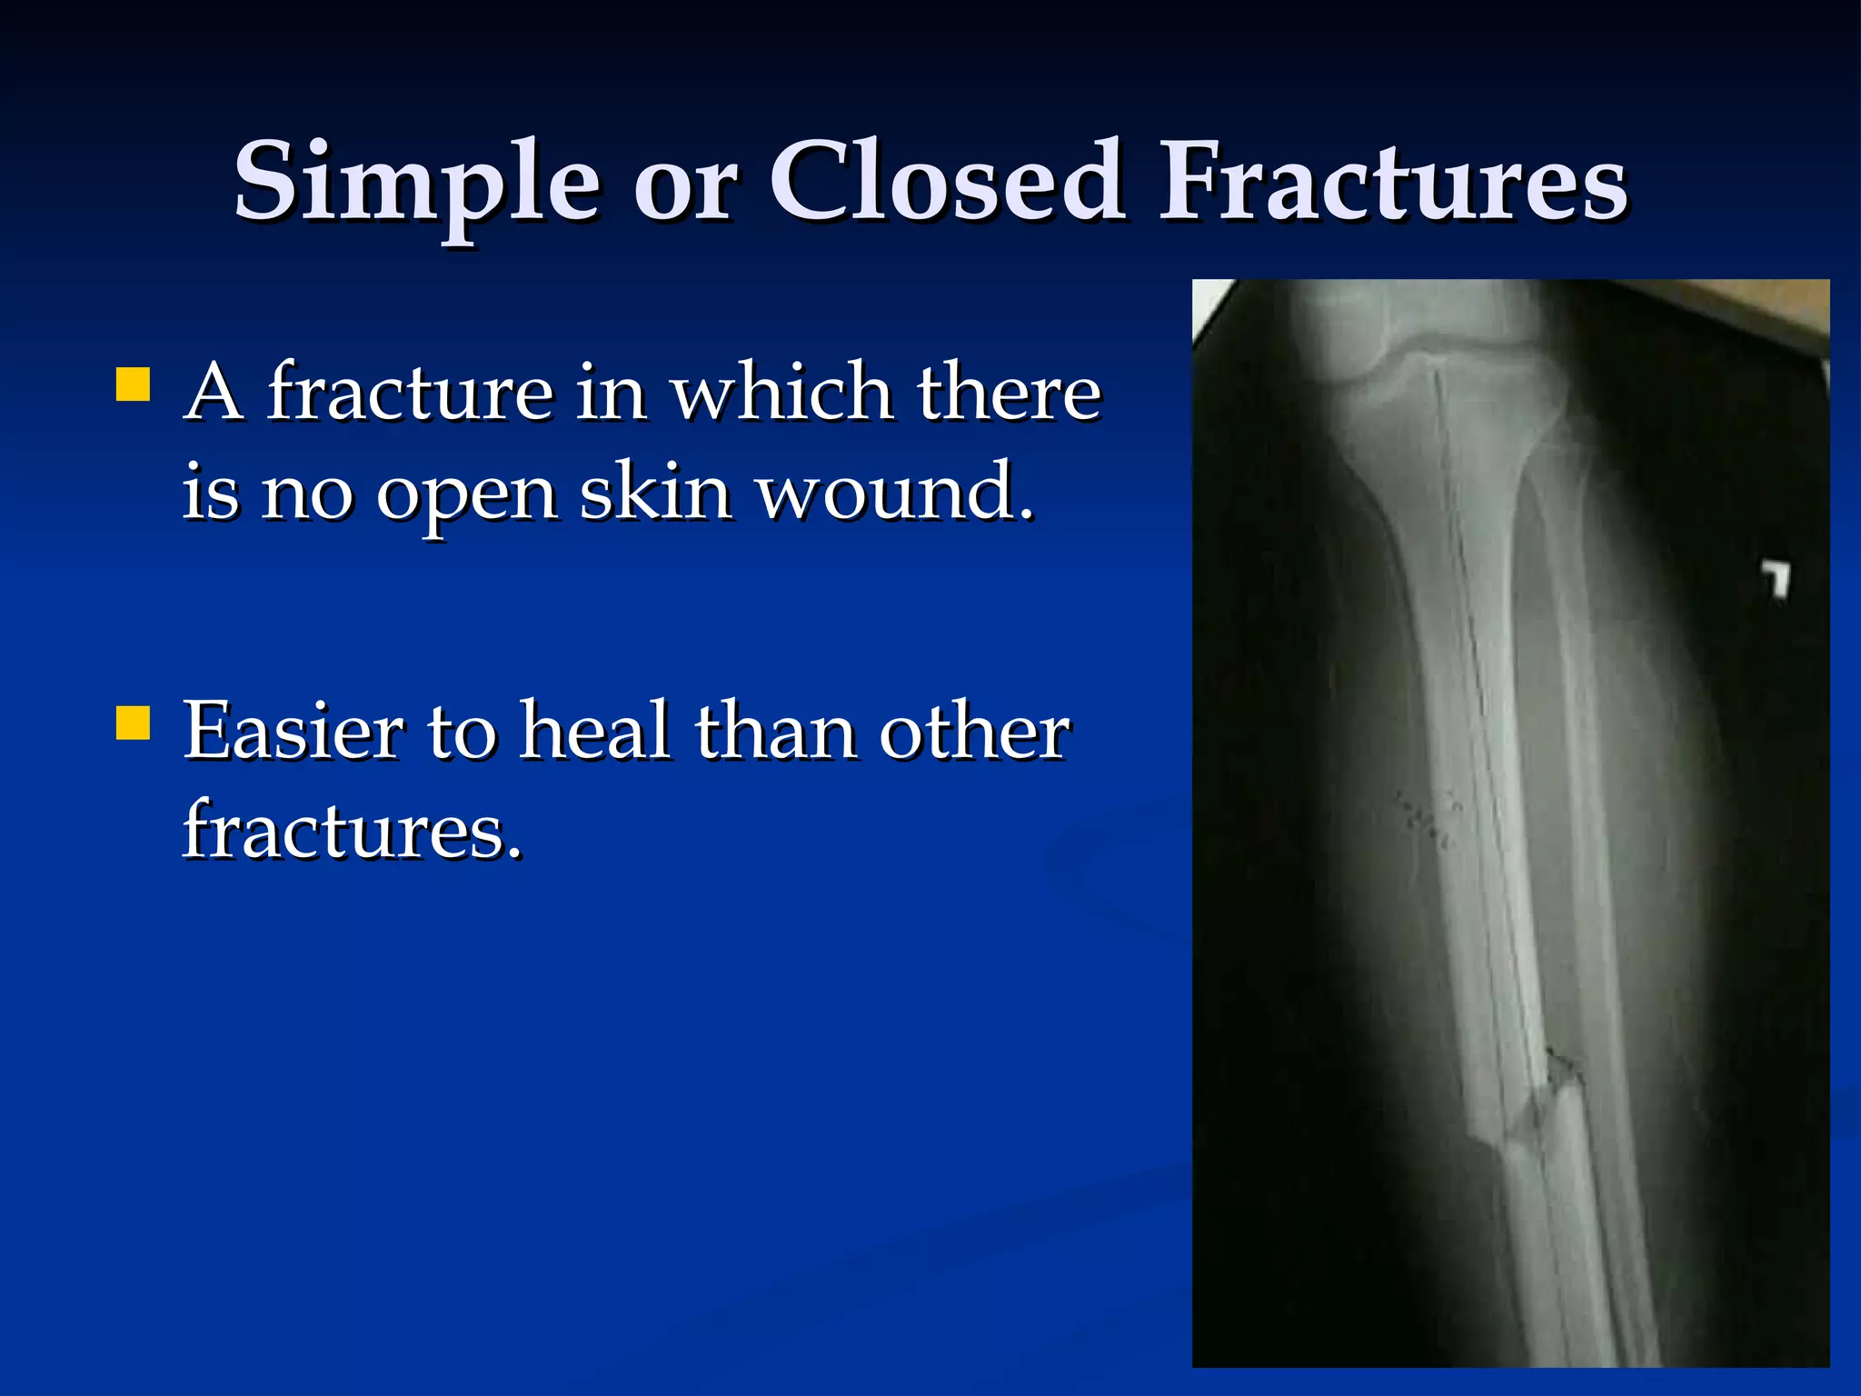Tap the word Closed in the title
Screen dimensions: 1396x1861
948,182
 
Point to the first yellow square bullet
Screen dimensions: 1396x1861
133,384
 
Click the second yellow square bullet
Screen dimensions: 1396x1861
133,723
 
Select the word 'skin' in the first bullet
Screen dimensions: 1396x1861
656,492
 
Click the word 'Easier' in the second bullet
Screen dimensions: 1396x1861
294,732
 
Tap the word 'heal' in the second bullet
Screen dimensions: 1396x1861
594,732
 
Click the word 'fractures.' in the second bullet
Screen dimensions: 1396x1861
353,830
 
